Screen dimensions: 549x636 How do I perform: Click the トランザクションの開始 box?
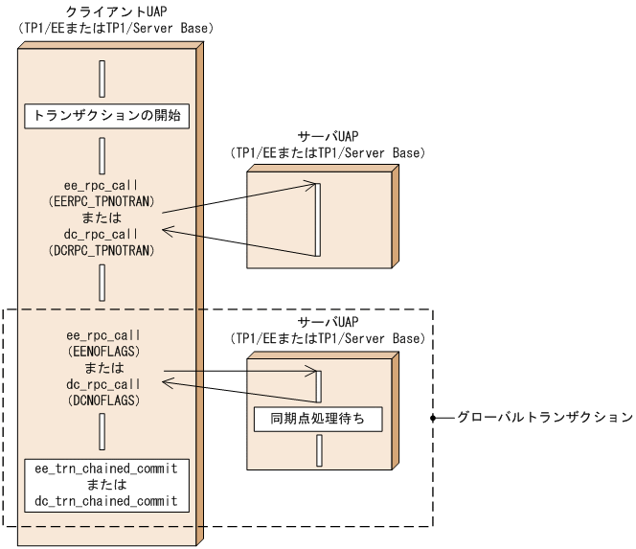[102, 117]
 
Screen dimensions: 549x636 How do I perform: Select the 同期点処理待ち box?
[318, 419]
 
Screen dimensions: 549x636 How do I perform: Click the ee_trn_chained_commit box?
[102, 484]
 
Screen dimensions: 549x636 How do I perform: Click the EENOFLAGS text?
[102, 351]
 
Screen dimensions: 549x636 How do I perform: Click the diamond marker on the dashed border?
[435, 419]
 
